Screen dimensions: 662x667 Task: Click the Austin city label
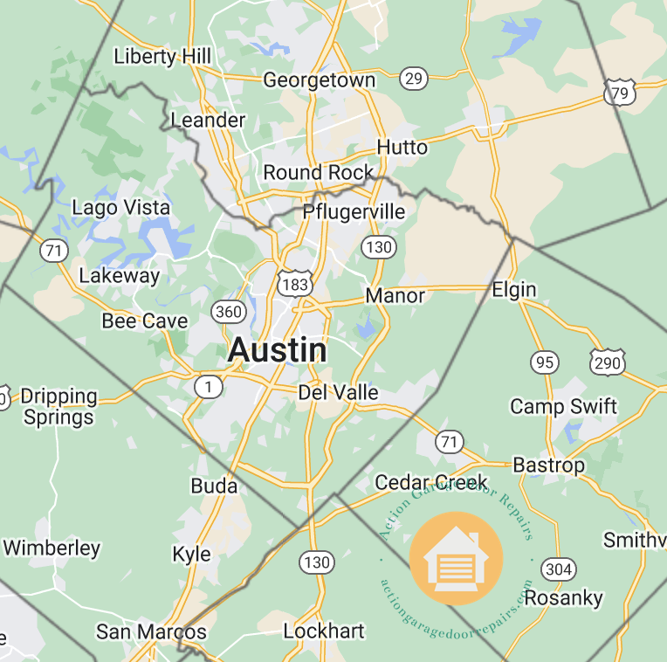click(x=278, y=351)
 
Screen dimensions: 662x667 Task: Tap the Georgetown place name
click(x=319, y=80)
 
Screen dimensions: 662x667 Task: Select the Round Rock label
click(x=318, y=172)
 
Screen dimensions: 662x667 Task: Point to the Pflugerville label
click(x=354, y=212)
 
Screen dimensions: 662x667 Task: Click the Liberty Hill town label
click(x=162, y=57)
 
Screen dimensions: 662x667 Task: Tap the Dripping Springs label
click(x=58, y=406)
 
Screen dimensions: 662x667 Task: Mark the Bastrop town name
click(x=548, y=465)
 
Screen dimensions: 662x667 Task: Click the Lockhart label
click(x=324, y=631)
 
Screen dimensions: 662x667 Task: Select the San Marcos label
click(x=152, y=631)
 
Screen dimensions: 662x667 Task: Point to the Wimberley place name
click(x=52, y=548)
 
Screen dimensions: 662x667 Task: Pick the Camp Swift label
click(x=563, y=406)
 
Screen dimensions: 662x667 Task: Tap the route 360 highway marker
click(x=228, y=312)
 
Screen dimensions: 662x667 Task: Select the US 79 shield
click(x=619, y=92)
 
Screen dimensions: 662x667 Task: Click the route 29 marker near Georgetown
click(x=414, y=79)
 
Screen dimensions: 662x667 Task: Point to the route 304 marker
click(x=558, y=569)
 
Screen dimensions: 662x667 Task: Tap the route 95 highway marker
click(x=545, y=361)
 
